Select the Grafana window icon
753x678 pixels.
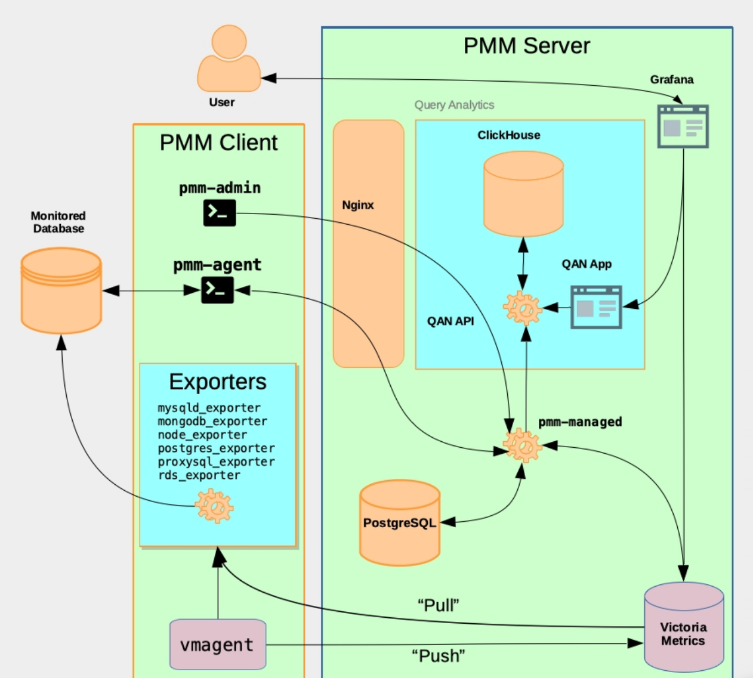point(683,126)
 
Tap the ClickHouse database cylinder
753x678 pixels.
point(523,194)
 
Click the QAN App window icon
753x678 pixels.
point(596,307)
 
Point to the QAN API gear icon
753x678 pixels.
point(523,308)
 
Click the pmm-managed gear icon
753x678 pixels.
point(522,445)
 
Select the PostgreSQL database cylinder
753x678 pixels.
point(400,523)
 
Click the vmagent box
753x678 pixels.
point(218,645)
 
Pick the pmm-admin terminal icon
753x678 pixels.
point(220,213)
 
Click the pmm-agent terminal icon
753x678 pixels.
point(217,290)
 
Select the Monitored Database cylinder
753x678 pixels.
point(61,290)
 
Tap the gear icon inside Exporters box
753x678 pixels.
point(215,506)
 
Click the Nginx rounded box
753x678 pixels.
point(368,243)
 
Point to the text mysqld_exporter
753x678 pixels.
point(209,408)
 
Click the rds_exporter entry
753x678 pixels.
point(199,475)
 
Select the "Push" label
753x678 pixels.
point(438,656)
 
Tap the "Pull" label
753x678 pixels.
point(438,605)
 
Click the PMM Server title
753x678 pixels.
point(526,46)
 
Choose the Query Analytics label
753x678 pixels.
point(454,105)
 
